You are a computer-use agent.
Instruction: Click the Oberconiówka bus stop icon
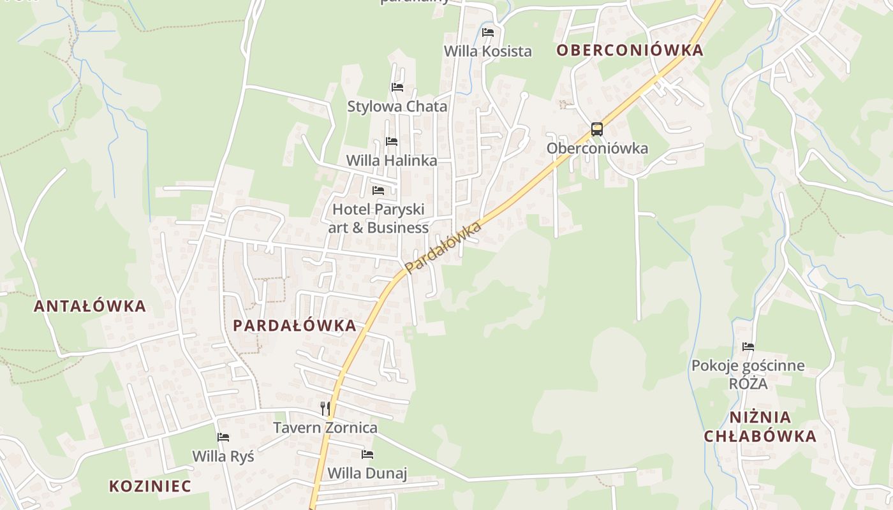tap(596, 129)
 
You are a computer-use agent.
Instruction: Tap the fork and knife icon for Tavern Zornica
tap(325, 408)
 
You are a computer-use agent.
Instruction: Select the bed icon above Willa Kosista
tap(488, 32)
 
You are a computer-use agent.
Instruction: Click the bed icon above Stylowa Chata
tap(397, 87)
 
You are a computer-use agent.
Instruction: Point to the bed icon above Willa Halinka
tap(392, 141)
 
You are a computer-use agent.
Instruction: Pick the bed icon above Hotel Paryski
tap(378, 190)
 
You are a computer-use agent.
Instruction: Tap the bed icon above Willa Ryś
tap(223, 437)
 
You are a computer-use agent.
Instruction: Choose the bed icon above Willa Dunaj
tap(367, 454)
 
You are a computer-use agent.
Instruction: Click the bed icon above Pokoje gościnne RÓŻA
tap(748, 347)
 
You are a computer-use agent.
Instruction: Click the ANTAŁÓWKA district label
tap(90, 306)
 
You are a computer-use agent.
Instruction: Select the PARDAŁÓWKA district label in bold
tap(295, 326)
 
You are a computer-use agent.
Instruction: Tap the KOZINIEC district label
tap(150, 486)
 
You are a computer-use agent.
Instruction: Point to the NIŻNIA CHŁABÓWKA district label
tap(760, 427)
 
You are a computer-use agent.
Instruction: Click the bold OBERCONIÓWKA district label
tap(630, 51)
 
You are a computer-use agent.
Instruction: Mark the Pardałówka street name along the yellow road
tap(443, 248)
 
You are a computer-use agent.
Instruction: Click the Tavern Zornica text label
tap(325, 428)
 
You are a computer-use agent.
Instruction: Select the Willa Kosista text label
tap(488, 52)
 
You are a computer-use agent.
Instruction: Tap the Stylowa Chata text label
tap(397, 106)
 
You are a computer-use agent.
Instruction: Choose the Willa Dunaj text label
tap(367, 474)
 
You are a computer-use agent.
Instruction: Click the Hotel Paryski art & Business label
tap(378, 218)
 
